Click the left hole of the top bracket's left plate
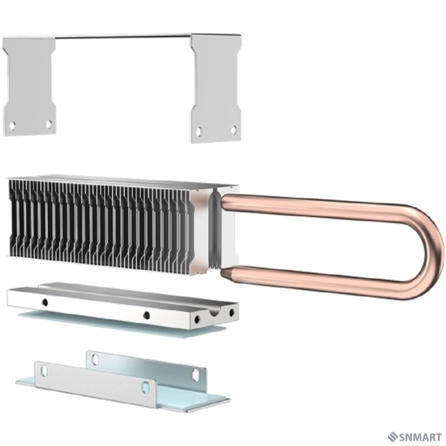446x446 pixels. click(12, 126)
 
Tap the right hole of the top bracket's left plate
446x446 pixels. click(48, 124)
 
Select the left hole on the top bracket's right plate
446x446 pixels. click(199, 132)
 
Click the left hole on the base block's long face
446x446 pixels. click(45, 300)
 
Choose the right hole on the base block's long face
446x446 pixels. click(147, 315)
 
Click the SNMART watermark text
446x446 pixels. click(421, 436)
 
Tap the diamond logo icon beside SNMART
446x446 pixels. click(392, 436)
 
